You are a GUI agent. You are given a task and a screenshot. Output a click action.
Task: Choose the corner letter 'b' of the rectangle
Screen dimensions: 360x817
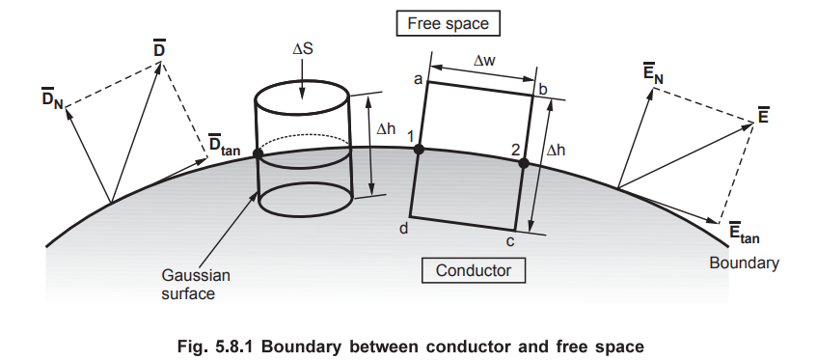point(543,90)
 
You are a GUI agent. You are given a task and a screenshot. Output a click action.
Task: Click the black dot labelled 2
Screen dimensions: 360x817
point(524,163)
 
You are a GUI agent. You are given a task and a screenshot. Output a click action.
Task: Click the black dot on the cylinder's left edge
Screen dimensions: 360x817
point(258,152)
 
